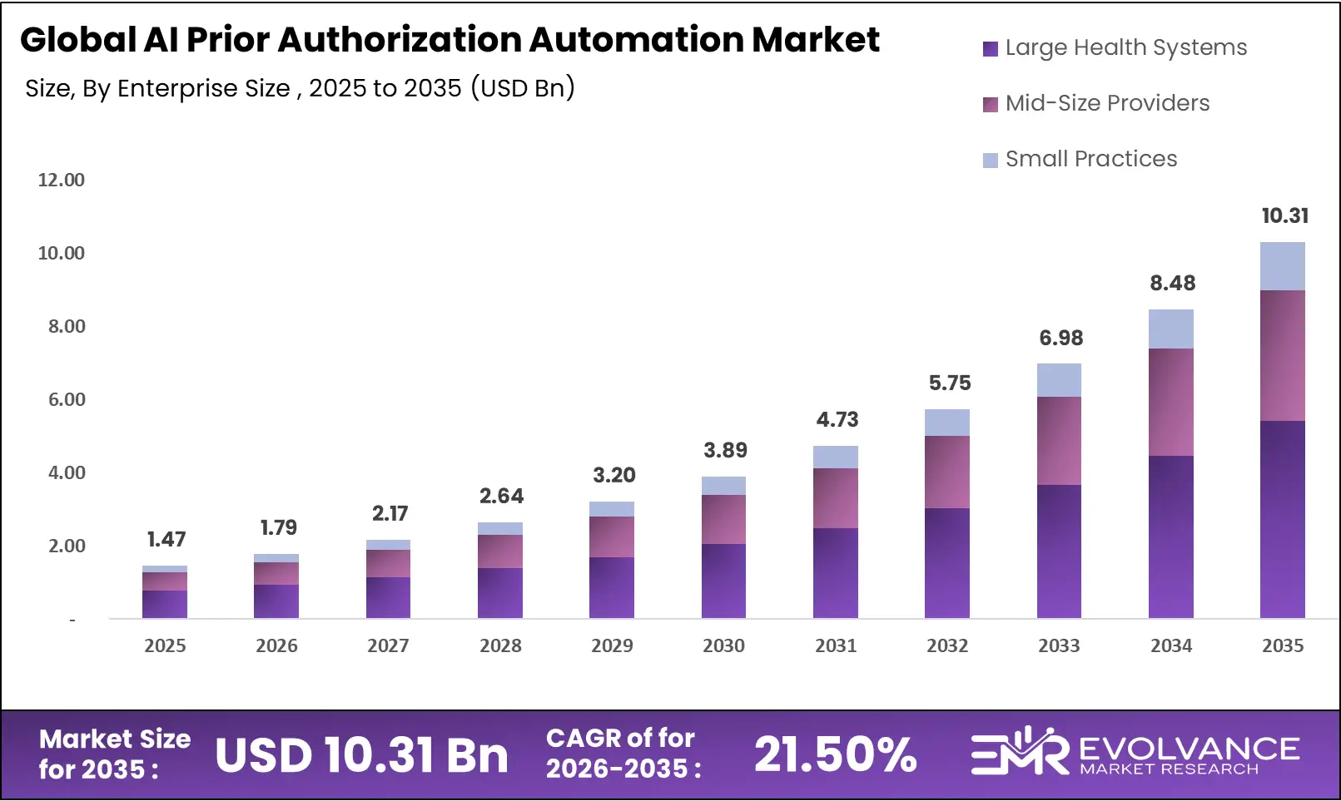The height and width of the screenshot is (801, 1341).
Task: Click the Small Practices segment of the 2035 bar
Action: [1283, 266]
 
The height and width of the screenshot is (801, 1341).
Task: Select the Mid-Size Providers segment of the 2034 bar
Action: [1171, 402]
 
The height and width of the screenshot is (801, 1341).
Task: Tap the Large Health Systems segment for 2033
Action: [1059, 551]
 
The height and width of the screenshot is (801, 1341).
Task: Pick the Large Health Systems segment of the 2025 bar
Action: [165, 604]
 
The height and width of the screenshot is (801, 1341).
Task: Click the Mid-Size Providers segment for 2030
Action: [724, 519]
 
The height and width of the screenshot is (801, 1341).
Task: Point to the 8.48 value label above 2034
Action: [1172, 283]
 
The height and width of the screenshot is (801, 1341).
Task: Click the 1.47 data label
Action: [166, 540]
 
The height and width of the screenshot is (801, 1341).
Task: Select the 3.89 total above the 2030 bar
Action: [725, 450]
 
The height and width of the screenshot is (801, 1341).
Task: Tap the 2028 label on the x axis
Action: [500, 645]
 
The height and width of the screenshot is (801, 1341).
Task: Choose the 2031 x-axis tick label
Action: [836, 645]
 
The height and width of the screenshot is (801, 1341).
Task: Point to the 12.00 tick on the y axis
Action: [61, 180]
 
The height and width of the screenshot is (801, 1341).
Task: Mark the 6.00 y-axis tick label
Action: [67, 399]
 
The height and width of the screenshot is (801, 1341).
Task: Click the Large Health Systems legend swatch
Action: [991, 49]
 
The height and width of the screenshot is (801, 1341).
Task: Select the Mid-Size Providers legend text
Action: [1108, 103]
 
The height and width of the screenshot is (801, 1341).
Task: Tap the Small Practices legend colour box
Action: [991, 161]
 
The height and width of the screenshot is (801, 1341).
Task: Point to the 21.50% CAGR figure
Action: [835, 754]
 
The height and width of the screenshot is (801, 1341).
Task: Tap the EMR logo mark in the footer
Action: [1019, 750]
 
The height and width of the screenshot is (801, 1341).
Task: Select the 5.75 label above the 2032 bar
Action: [950, 383]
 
